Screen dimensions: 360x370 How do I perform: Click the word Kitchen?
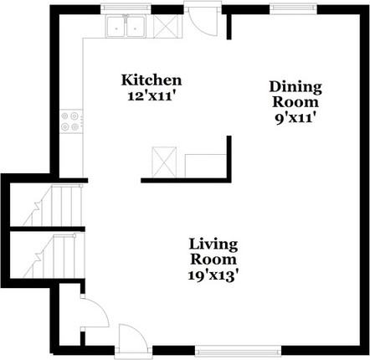(x=152, y=80)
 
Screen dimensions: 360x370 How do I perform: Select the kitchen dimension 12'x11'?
(x=152, y=95)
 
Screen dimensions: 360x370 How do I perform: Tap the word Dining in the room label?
(x=295, y=86)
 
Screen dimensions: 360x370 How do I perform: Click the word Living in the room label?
(x=213, y=244)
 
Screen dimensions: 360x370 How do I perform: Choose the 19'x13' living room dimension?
(x=213, y=274)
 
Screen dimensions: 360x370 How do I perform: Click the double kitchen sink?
(x=126, y=26)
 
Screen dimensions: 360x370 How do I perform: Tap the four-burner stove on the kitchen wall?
(x=69, y=122)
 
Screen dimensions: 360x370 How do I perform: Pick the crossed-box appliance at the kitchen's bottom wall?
(x=162, y=161)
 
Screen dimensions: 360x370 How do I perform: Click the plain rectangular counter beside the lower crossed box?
(x=205, y=165)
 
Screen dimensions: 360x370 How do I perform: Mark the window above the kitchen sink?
(x=126, y=9)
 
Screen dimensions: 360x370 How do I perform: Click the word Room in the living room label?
(x=213, y=259)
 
